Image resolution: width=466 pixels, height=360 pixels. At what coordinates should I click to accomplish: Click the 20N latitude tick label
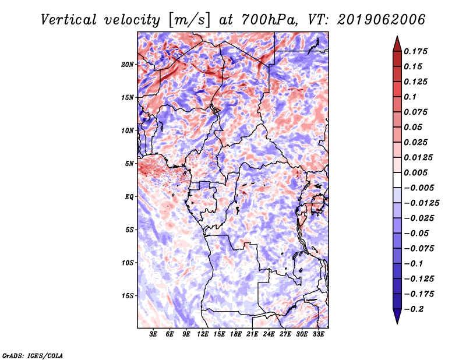click(128, 64)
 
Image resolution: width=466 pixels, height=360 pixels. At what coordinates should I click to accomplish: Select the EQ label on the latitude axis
click(129, 197)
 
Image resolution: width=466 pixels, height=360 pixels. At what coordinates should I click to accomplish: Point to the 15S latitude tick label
click(128, 296)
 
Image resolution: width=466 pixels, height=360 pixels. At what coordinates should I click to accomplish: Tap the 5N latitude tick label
click(129, 164)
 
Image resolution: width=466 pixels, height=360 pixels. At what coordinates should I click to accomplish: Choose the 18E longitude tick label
click(236, 335)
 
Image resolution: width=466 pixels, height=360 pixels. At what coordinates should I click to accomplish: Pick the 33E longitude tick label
click(318, 335)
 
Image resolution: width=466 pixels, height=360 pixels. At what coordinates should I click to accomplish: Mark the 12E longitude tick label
click(203, 335)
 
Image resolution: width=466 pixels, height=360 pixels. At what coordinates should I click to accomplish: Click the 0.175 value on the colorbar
click(418, 51)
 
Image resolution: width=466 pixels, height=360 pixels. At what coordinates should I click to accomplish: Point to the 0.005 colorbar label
click(418, 172)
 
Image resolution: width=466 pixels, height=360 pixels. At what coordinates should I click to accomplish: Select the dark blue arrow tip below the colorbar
click(397, 319)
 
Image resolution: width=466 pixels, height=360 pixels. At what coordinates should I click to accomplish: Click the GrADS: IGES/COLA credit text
click(33, 355)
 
